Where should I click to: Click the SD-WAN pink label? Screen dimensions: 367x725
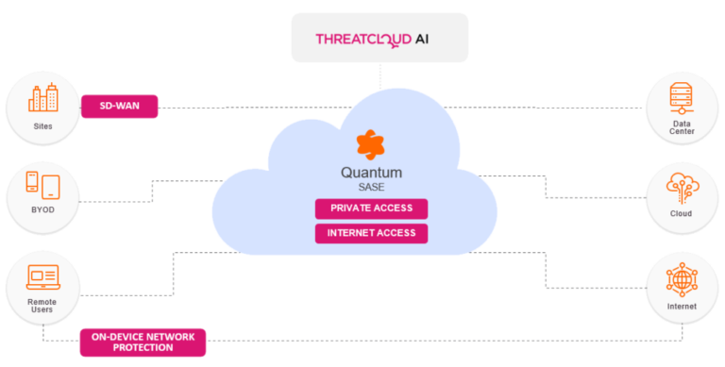click(x=119, y=107)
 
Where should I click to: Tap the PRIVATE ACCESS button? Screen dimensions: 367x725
click(x=371, y=209)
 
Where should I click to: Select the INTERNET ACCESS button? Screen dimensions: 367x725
click(x=371, y=233)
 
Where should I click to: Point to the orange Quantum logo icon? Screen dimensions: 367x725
click(x=370, y=145)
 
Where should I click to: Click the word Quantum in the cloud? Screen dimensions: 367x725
click(x=371, y=173)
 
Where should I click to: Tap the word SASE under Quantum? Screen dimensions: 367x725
click(x=371, y=188)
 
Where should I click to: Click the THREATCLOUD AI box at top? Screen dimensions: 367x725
click(x=379, y=38)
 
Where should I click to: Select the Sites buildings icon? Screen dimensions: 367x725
click(x=42, y=99)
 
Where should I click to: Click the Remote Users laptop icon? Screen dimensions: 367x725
click(x=42, y=276)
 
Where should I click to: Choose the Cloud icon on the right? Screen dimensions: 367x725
click(x=682, y=188)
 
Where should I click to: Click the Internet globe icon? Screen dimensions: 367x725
click(x=682, y=280)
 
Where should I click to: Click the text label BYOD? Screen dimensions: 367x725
click(x=42, y=209)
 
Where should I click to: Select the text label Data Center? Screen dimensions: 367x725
click(x=682, y=126)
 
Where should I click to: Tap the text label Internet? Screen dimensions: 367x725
click(x=682, y=307)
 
